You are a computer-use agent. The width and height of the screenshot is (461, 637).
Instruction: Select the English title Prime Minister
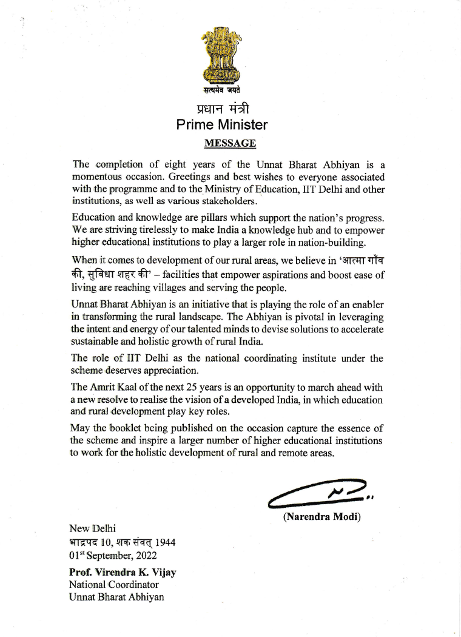(x=221, y=126)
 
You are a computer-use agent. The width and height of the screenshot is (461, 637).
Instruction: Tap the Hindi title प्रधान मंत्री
(x=223, y=109)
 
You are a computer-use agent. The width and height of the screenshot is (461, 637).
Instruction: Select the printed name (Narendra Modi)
(x=321, y=517)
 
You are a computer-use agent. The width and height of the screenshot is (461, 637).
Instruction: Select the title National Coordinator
(x=114, y=585)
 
